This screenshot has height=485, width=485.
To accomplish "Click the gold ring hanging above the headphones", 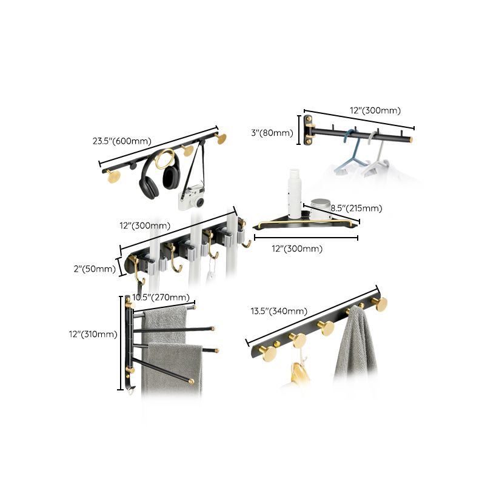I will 164,159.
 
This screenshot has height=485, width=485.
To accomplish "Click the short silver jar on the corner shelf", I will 319,209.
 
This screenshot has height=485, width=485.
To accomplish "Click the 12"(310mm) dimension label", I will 92,333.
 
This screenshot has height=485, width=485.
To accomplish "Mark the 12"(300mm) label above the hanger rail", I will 376,110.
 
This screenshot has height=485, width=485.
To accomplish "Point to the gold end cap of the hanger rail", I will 412,139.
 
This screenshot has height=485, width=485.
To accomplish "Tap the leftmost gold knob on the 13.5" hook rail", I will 269,353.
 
